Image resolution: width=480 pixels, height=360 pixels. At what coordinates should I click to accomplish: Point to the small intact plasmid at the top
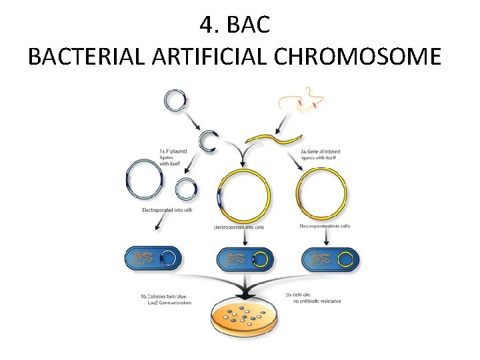pyautogui.click(x=175, y=101)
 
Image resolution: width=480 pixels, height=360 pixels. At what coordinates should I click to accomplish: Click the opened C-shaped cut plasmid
pyautogui.click(x=208, y=141)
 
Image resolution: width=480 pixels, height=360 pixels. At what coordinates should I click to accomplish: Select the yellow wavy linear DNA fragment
pyautogui.click(x=274, y=138)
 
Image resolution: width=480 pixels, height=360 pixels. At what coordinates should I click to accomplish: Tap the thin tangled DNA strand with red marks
pyautogui.click(x=305, y=101)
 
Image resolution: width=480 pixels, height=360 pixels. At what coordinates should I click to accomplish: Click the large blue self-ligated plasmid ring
pyautogui.click(x=144, y=181)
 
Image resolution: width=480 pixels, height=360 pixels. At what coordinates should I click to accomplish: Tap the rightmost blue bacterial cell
pyautogui.click(x=330, y=258)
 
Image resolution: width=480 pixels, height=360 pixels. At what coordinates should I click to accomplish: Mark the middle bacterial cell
pyautogui.click(x=241, y=258)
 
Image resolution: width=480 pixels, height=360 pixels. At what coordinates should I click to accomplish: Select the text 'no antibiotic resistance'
pyautogui.click(x=317, y=301)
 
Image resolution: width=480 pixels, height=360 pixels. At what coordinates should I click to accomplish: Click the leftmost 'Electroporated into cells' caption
pyautogui.click(x=167, y=210)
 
